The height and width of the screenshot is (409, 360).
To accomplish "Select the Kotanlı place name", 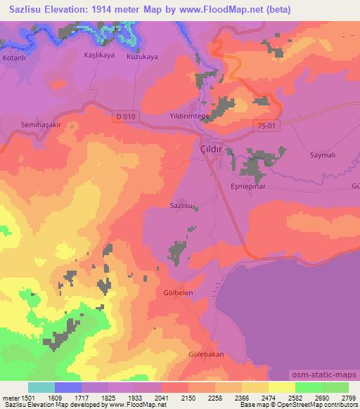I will pos(14,57).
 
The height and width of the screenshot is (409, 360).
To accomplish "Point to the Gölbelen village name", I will pos(179,292).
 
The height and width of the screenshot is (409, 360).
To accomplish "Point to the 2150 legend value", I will pos(188,398).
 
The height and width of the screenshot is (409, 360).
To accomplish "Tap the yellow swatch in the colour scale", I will pos(282,387).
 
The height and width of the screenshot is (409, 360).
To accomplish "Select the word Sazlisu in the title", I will pos(26,10).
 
